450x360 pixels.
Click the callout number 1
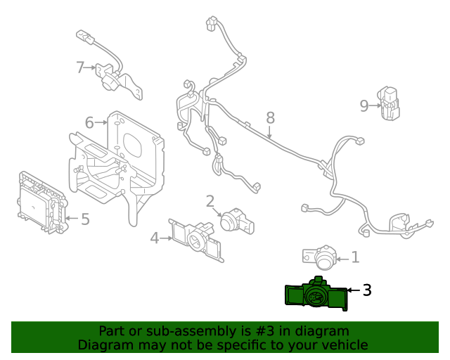[x=355, y=257]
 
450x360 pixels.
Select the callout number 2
[x=210, y=202]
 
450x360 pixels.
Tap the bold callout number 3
[x=366, y=290]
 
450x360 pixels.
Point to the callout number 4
[x=155, y=238]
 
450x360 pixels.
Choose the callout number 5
[x=85, y=219]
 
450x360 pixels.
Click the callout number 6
[x=89, y=123]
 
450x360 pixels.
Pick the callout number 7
[x=80, y=67]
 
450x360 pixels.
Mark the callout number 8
[x=270, y=117]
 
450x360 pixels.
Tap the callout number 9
[x=364, y=106]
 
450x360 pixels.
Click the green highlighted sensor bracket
[x=316, y=296]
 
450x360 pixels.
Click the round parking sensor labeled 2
[x=233, y=221]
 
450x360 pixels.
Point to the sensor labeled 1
[x=323, y=257]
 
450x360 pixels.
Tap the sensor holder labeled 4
[x=197, y=239]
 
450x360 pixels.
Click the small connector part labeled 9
[x=389, y=104]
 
